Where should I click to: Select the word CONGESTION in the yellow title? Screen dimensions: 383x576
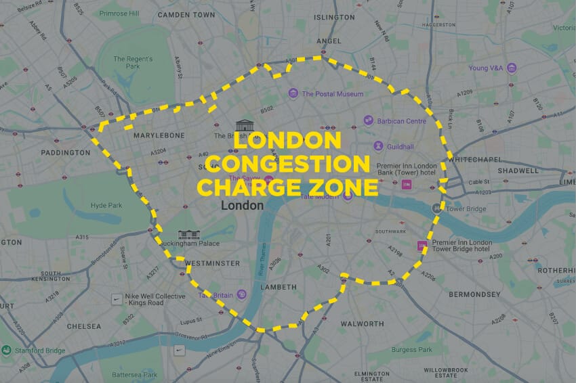click(x=288, y=163)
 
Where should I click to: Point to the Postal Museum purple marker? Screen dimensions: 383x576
click(x=293, y=93)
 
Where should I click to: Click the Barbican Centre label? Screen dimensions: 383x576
click(x=403, y=121)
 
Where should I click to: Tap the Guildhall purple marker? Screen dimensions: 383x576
click(x=378, y=146)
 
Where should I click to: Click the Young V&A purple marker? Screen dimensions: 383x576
click(x=512, y=68)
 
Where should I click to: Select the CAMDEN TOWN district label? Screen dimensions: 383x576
click(x=186, y=14)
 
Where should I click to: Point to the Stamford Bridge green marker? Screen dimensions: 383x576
click(x=6, y=350)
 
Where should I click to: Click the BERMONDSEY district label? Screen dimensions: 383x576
click(x=473, y=294)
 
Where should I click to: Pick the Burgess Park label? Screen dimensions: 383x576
click(x=412, y=350)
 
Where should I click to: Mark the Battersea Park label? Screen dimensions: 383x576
click(x=134, y=375)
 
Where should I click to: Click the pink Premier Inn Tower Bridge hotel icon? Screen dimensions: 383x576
click(x=422, y=245)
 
